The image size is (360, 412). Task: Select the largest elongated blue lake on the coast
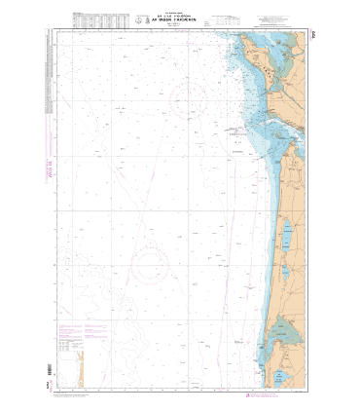[290, 237]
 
